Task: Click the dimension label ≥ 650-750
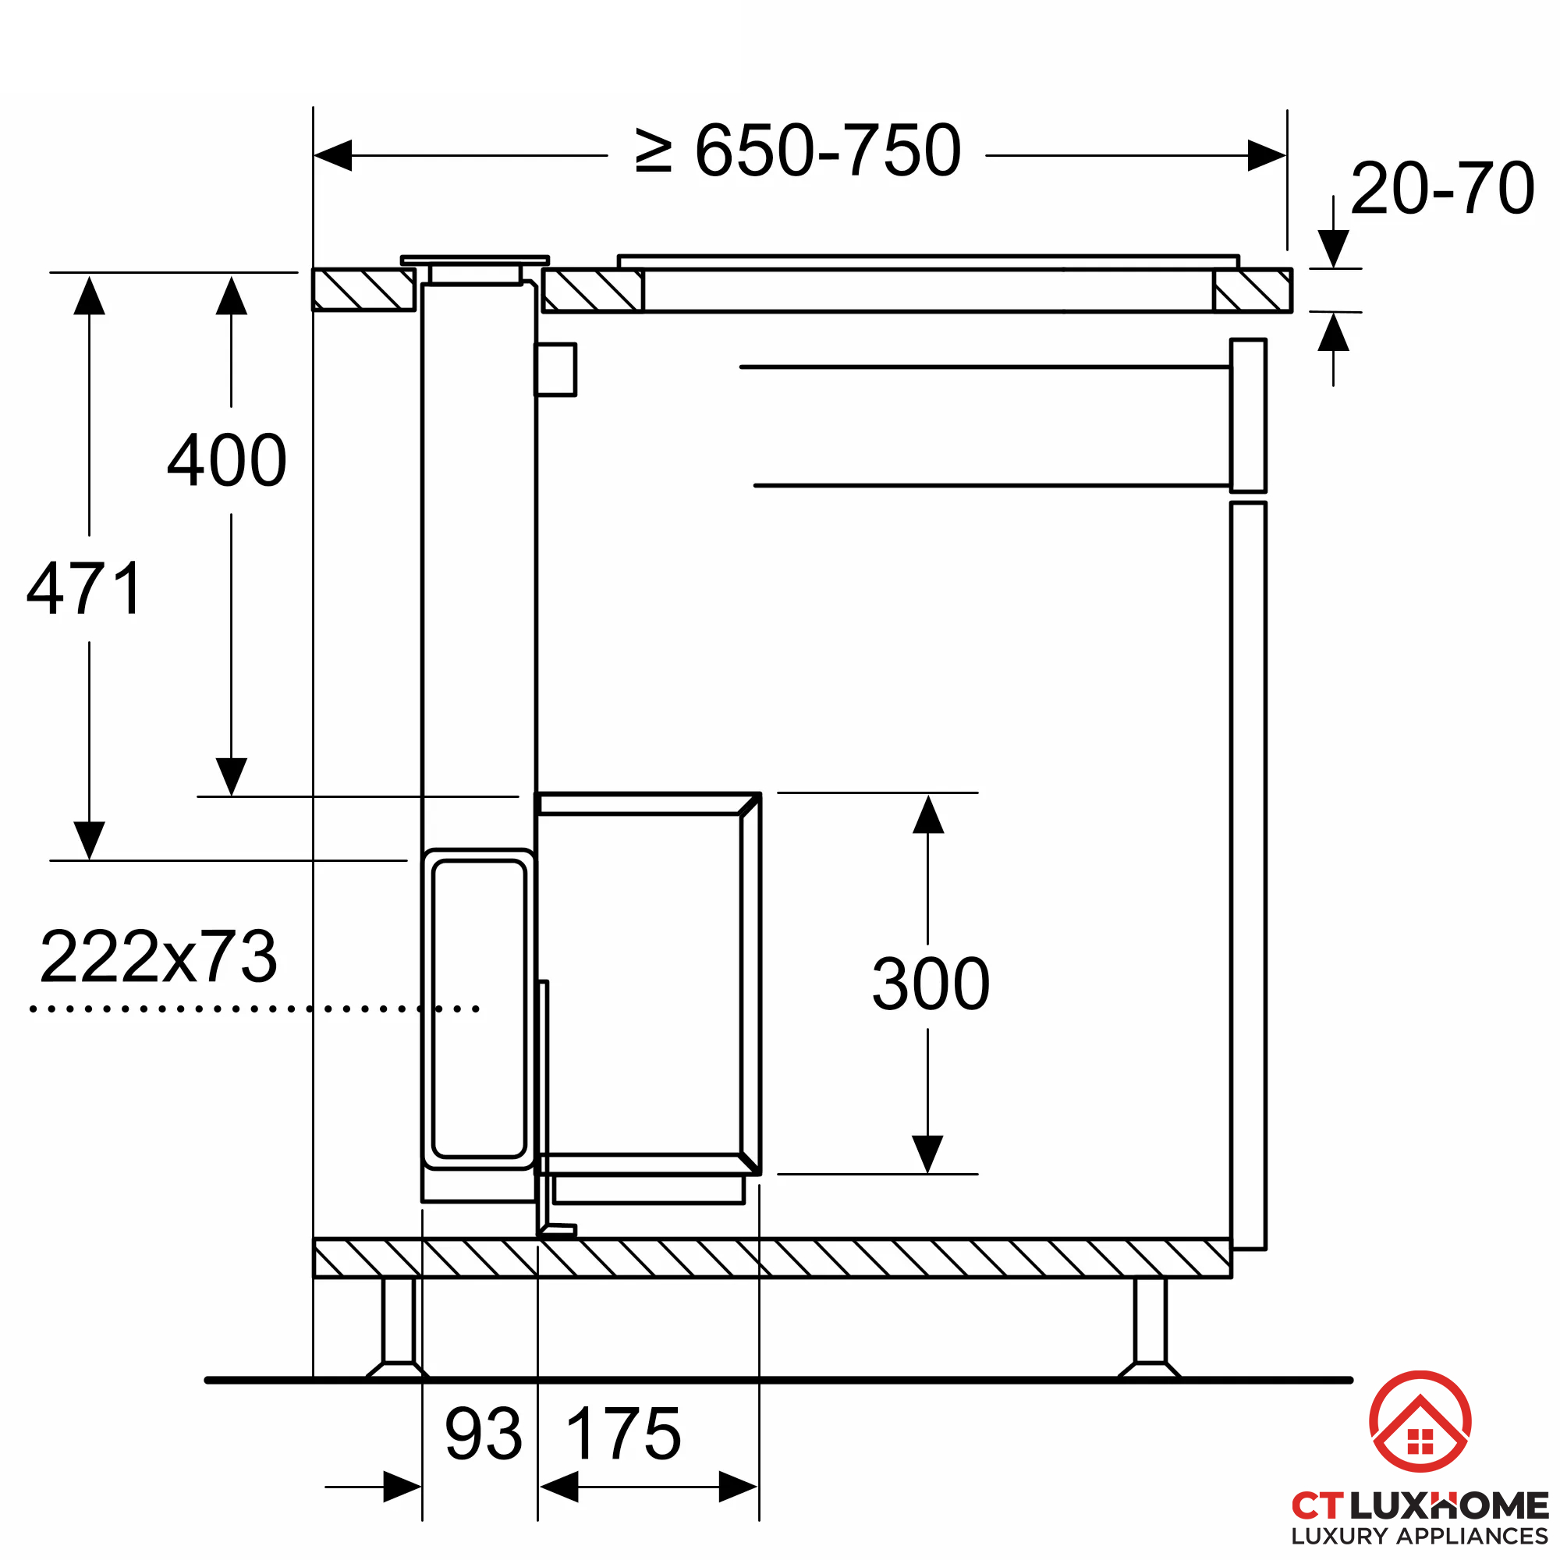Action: [798, 151]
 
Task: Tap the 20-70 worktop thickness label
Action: [1442, 189]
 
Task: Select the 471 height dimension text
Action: [85, 590]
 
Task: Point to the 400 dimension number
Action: [227, 460]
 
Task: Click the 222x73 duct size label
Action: [158, 957]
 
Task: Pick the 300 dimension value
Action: [931, 984]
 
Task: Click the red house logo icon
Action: [1420, 1421]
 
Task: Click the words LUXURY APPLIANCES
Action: [1419, 1536]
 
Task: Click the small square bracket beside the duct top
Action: [555, 370]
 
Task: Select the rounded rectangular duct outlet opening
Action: [479, 1009]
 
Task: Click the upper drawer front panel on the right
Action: [1247, 415]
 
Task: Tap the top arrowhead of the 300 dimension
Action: [927, 815]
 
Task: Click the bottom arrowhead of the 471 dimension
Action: [89, 840]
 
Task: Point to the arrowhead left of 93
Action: [402, 1487]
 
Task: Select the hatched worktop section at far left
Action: [363, 290]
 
